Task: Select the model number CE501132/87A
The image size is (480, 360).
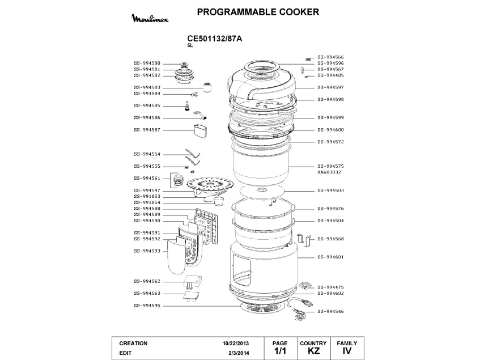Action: coord(215,39)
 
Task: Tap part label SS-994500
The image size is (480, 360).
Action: coord(147,63)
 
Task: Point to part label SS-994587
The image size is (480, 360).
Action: coord(147,130)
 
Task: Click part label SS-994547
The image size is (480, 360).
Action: coord(147,190)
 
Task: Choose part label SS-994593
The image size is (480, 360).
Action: coord(147,251)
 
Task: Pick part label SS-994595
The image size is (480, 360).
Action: coord(147,306)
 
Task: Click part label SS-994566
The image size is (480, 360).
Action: coord(330,57)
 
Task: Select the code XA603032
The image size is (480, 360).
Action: coord(329,172)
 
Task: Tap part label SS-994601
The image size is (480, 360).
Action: coord(330,257)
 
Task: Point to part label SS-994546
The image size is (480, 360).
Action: coord(330,312)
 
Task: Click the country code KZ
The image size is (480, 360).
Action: coord(313,351)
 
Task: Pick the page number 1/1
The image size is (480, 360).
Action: coord(280,351)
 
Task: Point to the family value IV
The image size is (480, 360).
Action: coord(347,351)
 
